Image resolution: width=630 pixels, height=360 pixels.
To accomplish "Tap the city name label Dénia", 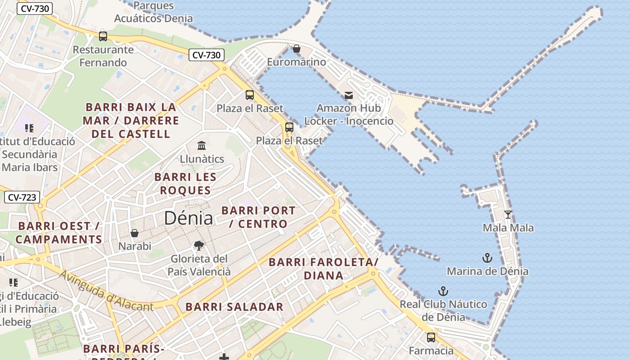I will (x=188, y=218).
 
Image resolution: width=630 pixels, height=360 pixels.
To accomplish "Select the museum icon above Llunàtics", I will (x=202, y=146).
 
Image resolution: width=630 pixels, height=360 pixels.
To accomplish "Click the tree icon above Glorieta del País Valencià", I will (x=198, y=245).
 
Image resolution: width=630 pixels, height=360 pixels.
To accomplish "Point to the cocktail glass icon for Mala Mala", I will (x=508, y=215).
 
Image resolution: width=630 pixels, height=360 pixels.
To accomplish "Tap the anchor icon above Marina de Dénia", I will (x=487, y=258).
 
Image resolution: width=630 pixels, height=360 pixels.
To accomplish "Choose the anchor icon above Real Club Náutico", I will (x=443, y=291).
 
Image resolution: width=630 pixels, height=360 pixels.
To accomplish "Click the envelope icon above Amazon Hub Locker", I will (x=349, y=95).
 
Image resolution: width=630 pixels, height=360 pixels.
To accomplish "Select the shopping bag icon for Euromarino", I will (x=297, y=49).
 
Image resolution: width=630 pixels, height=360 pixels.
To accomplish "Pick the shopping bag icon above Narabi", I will (x=135, y=233).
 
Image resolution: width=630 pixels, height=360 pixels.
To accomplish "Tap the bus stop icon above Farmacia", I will (x=431, y=337).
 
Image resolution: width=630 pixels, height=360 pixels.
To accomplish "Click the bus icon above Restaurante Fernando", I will (x=103, y=36).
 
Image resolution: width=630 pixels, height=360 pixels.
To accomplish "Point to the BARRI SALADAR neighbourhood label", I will (x=234, y=307).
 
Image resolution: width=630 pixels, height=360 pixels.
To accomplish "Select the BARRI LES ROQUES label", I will (x=185, y=184).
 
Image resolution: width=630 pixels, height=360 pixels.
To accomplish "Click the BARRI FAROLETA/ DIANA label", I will (x=324, y=269).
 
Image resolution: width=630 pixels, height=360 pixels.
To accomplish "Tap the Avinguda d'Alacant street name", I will (x=106, y=292).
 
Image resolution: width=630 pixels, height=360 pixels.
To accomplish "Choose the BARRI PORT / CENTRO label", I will (x=258, y=217).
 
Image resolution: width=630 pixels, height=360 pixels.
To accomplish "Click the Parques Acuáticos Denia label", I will (x=153, y=12).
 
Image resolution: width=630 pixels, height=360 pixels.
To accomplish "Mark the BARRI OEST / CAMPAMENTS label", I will (x=59, y=232).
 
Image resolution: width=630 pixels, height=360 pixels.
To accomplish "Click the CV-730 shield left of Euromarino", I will (x=206, y=55).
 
